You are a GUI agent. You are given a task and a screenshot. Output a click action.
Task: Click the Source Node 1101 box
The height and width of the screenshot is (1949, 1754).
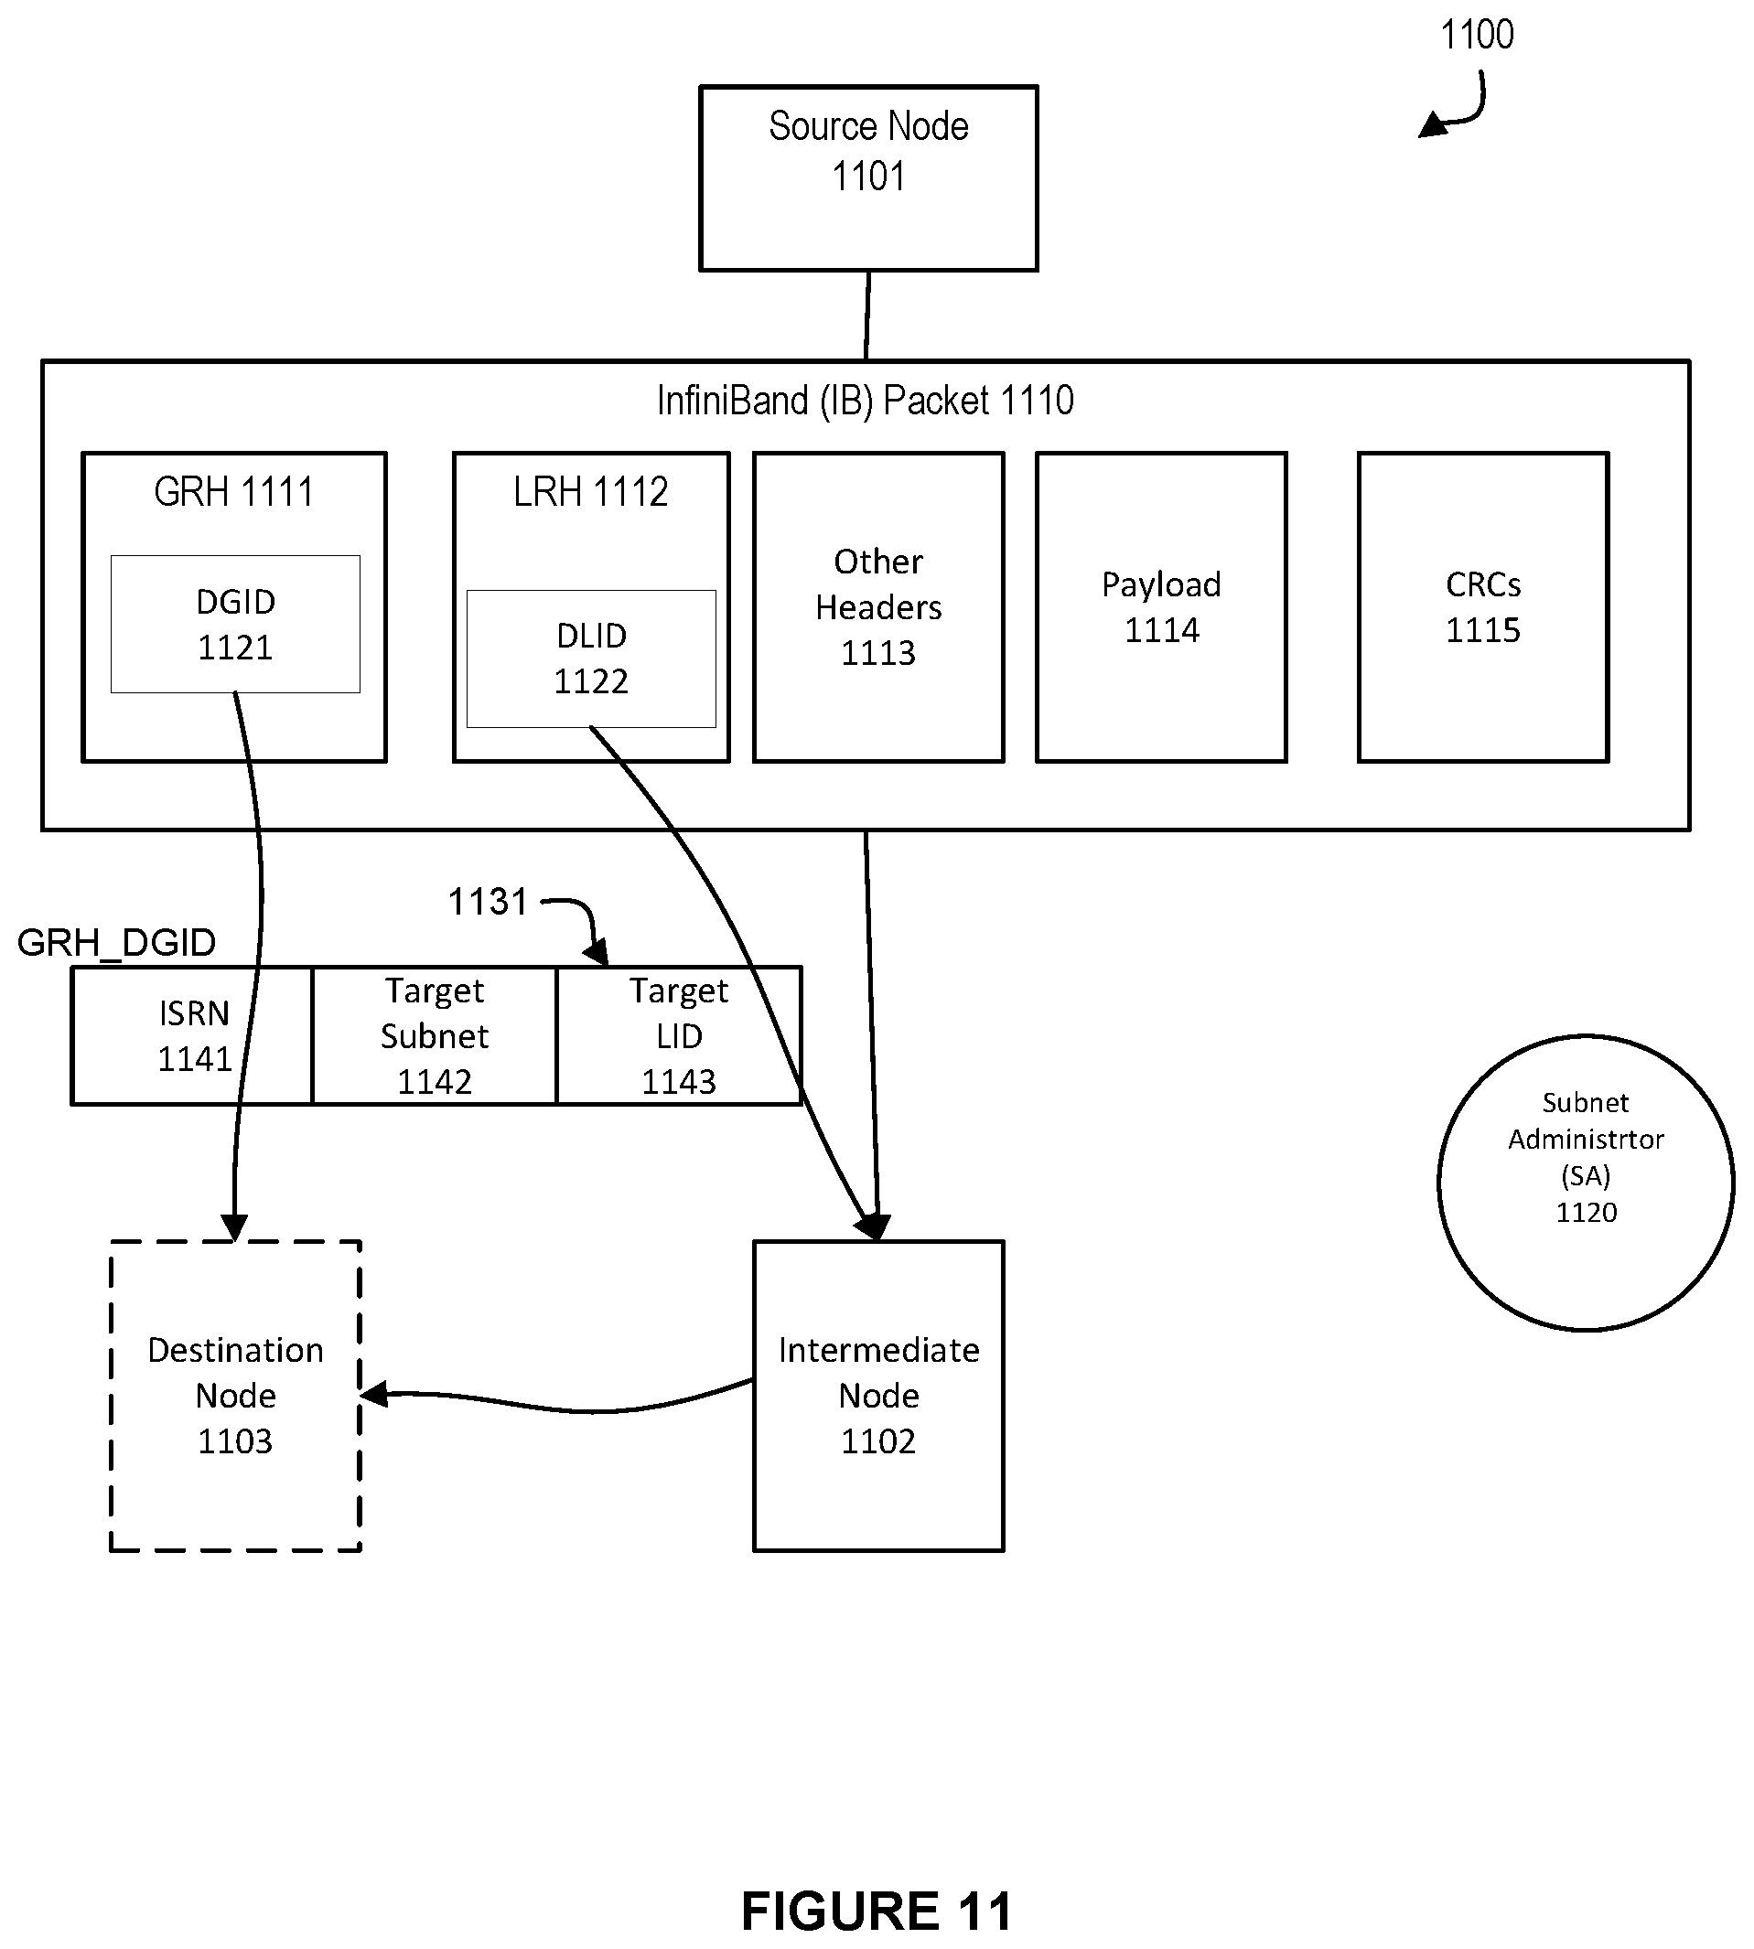tap(868, 178)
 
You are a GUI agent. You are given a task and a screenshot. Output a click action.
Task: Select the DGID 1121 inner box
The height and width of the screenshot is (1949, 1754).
tap(235, 625)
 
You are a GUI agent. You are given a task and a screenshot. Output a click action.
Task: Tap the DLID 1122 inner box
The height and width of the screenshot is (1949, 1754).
tap(591, 659)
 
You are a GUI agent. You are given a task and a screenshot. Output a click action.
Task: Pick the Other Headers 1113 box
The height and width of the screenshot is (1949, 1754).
tap(878, 607)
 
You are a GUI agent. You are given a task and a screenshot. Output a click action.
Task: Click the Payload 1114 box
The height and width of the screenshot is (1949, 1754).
tap(1161, 607)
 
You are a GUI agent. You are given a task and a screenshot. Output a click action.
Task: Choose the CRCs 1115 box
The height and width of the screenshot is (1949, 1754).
tap(1482, 607)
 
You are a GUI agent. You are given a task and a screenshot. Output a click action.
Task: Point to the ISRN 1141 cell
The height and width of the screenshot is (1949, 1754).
tap(194, 1035)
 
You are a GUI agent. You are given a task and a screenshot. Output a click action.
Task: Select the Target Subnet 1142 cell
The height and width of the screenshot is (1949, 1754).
tap(435, 1035)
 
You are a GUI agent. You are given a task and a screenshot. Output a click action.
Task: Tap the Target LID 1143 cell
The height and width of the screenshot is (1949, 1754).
tap(679, 1035)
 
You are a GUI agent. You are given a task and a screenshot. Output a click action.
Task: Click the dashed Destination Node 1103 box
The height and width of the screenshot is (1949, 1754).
tap(235, 1396)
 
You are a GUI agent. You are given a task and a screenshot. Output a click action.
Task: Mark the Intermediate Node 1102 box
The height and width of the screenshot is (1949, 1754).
tap(878, 1396)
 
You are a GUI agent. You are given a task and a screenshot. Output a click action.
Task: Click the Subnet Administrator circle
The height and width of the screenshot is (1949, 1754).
tap(1586, 1183)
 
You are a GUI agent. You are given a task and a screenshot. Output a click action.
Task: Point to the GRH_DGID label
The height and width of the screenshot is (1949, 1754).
tap(116, 942)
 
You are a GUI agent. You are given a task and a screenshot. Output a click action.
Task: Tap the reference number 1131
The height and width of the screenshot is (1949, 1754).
tap(488, 902)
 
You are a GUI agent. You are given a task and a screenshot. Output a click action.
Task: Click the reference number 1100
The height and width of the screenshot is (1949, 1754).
tap(1477, 35)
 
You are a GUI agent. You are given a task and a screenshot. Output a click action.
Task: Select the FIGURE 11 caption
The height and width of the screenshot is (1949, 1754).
tap(876, 1911)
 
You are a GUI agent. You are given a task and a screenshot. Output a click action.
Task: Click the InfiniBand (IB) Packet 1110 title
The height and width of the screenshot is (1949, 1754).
tap(865, 401)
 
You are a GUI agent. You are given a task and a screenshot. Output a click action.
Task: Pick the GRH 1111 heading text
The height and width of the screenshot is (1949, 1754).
tap(234, 492)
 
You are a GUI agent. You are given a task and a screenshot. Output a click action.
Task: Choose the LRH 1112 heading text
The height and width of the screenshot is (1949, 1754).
tap(591, 492)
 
